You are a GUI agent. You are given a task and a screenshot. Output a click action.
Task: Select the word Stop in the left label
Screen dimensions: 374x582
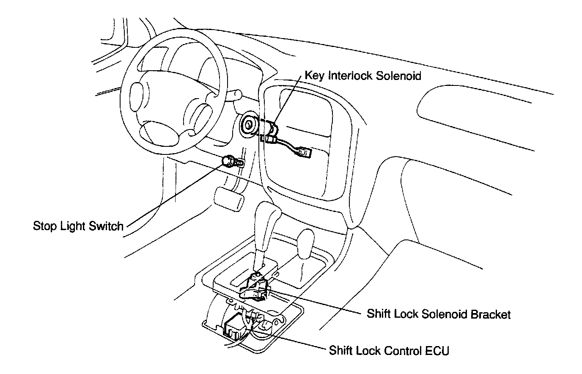[x=44, y=226]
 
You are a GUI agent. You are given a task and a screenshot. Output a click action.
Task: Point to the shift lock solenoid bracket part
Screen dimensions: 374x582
[x=255, y=288]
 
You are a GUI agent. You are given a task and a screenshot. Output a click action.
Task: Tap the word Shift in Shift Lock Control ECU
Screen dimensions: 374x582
[x=338, y=351]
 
